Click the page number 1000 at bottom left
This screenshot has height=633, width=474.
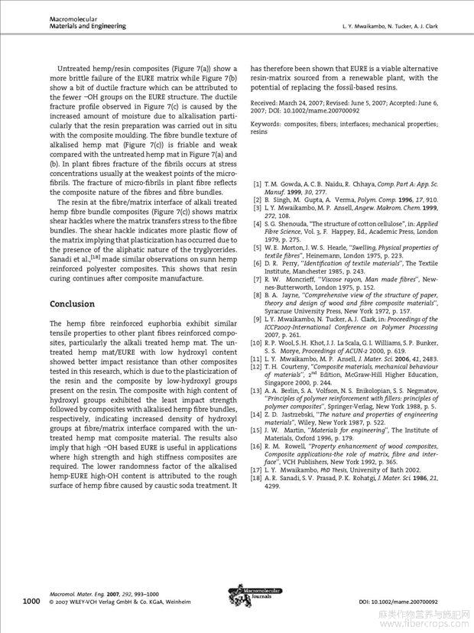(x=31, y=602)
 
